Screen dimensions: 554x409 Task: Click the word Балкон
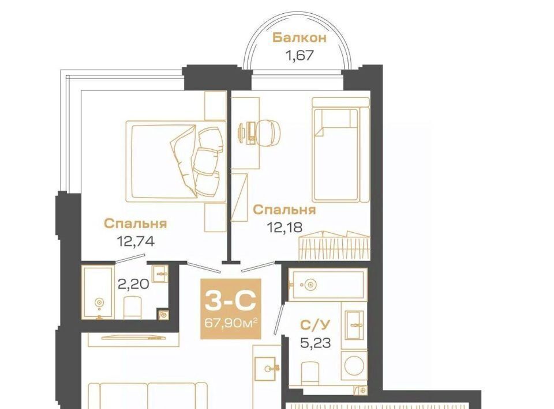click(x=300, y=37)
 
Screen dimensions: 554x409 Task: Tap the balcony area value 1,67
click(x=300, y=55)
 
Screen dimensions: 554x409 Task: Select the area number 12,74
click(x=136, y=241)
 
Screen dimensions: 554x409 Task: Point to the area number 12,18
click(x=285, y=228)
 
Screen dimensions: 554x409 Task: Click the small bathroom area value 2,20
click(x=133, y=284)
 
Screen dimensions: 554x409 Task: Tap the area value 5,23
click(x=316, y=342)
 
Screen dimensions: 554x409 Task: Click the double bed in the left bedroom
click(x=176, y=161)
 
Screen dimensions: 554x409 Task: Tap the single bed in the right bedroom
click(x=335, y=155)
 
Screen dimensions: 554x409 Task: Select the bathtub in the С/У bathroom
click(x=328, y=284)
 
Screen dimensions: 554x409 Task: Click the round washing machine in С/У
click(x=354, y=366)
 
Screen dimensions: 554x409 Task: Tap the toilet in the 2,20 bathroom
click(x=133, y=308)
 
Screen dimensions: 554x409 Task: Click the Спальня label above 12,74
click(x=135, y=224)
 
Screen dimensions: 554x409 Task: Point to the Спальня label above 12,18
click(x=285, y=210)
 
